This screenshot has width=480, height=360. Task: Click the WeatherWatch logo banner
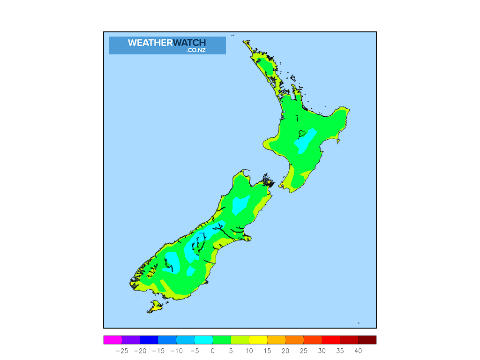(167, 45)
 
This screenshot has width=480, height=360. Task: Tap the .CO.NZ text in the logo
(195, 50)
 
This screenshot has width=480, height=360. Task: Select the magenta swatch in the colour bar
(112, 340)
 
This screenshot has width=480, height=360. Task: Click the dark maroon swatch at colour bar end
(367, 340)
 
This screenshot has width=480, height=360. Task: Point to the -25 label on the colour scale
(121, 351)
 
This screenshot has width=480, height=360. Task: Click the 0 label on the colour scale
(212, 351)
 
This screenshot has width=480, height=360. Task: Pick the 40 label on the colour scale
(358, 351)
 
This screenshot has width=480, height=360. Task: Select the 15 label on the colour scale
(267, 351)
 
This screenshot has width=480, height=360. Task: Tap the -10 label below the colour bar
(176, 351)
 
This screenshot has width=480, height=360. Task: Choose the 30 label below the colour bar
(322, 351)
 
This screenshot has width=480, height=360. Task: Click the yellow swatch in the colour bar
(258, 340)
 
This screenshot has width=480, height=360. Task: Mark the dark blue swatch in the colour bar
(149, 340)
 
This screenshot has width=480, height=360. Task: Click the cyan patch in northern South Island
(240, 203)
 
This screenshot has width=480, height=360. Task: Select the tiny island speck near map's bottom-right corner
(359, 322)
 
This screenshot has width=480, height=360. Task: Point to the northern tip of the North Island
(244, 42)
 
